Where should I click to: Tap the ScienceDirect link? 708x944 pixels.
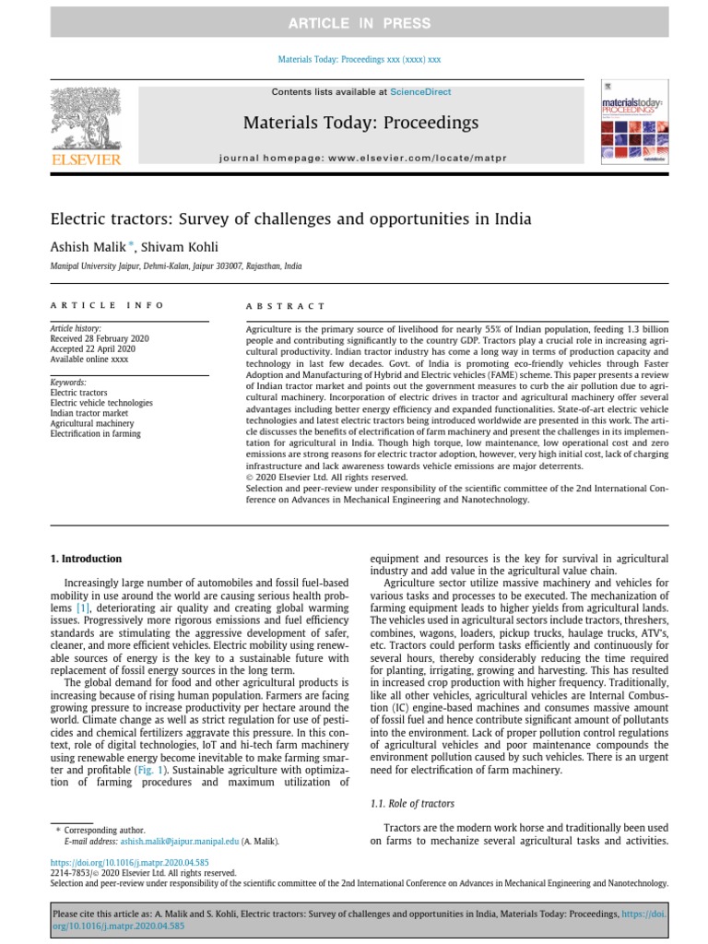[418, 92]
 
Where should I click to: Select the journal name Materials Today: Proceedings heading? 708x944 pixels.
[360, 123]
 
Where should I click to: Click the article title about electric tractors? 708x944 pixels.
[290, 220]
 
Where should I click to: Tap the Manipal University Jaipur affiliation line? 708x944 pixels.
[175, 266]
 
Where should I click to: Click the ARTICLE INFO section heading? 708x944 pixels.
[107, 305]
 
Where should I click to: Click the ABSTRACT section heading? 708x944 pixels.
[285, 306]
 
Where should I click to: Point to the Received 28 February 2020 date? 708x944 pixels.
[99, 338]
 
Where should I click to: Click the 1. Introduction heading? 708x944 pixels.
[85, 559]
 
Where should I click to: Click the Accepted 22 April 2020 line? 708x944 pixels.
[92, 348]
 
